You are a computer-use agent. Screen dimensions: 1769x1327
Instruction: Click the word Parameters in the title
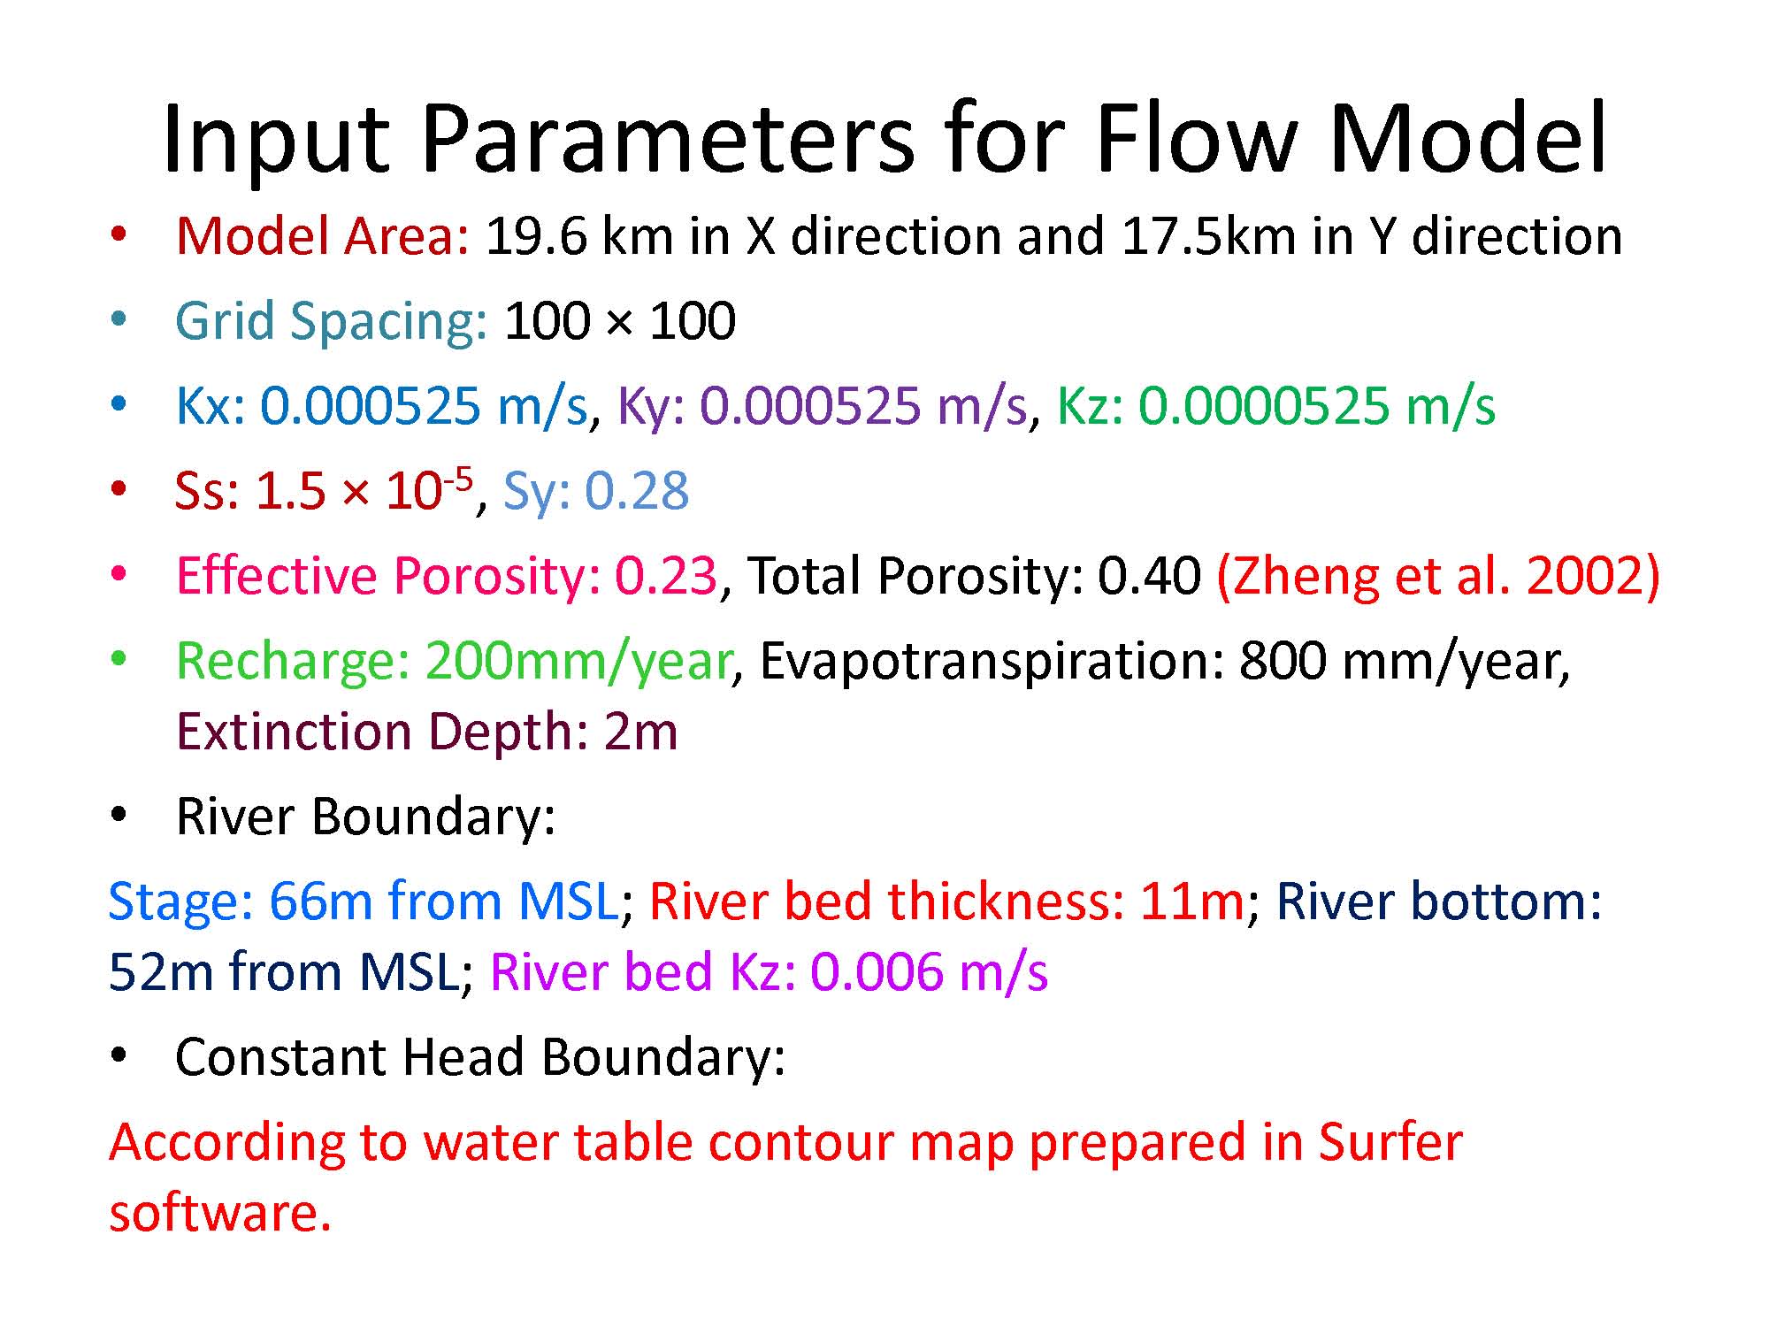668,140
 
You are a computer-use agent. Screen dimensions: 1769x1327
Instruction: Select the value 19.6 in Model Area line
536,236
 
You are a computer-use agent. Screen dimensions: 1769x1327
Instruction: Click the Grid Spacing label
332,322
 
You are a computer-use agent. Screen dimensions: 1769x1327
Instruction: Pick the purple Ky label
651,406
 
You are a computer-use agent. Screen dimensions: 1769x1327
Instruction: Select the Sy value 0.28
637,492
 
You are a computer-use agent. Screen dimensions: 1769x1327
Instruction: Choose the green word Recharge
293,662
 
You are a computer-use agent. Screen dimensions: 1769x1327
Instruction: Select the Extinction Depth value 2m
641,733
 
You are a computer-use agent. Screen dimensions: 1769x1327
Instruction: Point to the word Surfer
1390,1141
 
